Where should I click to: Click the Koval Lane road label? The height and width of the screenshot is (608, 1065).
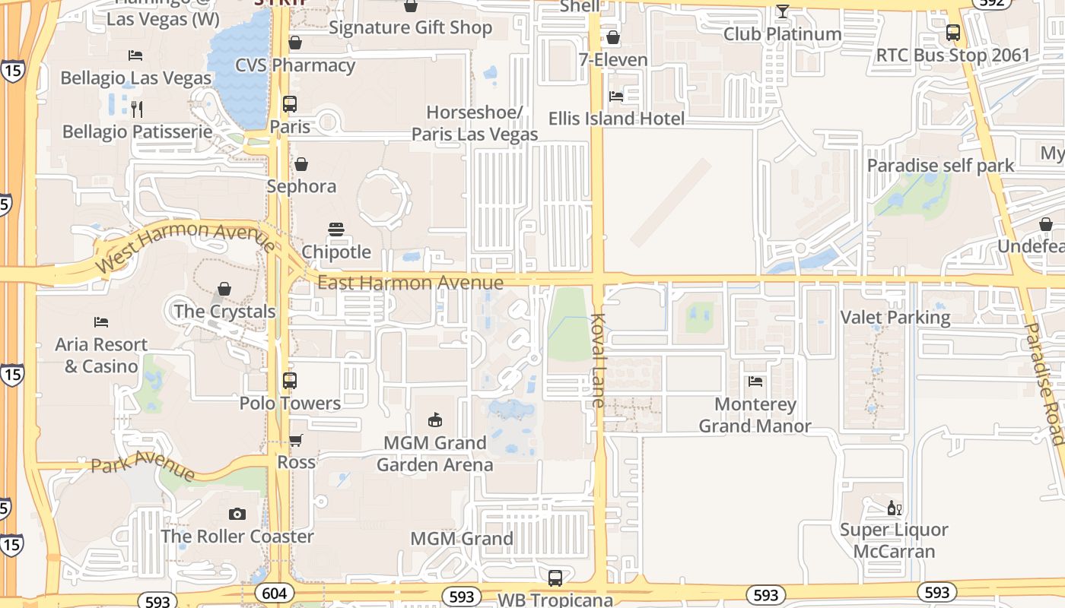[598, 360]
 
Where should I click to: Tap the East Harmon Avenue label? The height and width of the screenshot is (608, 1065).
[410, 283]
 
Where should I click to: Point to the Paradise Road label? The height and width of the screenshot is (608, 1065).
[1044, 383]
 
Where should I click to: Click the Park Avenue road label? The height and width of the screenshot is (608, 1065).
[142, 465]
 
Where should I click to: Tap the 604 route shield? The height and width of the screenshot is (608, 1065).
[274, 593]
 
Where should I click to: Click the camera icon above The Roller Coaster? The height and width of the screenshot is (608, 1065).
[237, 515]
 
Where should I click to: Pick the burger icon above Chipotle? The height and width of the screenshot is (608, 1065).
[336, 230]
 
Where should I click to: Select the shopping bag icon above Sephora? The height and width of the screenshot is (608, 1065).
[301, 164]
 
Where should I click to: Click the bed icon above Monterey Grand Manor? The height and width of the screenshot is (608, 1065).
[755, 382]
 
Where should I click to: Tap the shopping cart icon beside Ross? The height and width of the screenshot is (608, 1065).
[296, 441]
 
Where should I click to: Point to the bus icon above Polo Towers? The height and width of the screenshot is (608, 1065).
[290, 381]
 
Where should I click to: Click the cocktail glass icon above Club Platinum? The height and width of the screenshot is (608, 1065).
[782, 11]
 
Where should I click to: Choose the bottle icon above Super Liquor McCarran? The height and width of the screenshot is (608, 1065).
[894, 508]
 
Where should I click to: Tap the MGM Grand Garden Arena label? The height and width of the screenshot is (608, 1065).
[434, 453]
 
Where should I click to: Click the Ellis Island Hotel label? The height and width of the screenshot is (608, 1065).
[616, 119]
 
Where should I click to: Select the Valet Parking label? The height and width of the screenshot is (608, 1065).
[895, 317]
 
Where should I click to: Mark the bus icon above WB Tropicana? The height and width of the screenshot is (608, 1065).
[555, 578]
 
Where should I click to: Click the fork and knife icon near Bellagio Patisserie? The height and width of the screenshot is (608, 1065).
[137, 109]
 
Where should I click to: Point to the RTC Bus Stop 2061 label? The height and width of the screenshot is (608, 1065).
[952, 55]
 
